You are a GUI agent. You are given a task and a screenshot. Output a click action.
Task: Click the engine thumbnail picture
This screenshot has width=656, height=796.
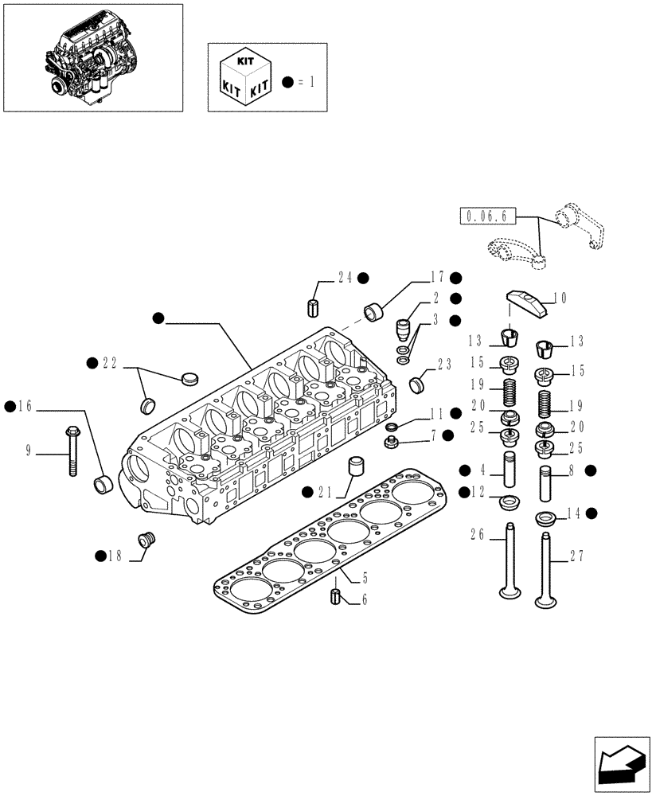pos(92,57)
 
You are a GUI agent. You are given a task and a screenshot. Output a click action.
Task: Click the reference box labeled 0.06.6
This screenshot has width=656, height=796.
pos(488,215)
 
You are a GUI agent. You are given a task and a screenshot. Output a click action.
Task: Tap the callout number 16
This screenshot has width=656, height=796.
pos(25,407)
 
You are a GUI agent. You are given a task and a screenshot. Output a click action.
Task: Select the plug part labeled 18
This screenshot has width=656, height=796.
pos(146,540)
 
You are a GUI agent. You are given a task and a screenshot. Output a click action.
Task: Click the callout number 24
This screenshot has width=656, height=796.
pos(345,278)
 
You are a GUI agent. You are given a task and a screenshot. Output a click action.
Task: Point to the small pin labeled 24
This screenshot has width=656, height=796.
pos(313,306)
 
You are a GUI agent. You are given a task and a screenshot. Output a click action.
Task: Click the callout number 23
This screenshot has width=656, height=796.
pos(443,365)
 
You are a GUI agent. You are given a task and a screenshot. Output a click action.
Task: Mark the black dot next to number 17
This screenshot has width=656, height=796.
pos(455,278)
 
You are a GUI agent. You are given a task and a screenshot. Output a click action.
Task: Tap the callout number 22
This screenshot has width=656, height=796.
pos(110,363)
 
